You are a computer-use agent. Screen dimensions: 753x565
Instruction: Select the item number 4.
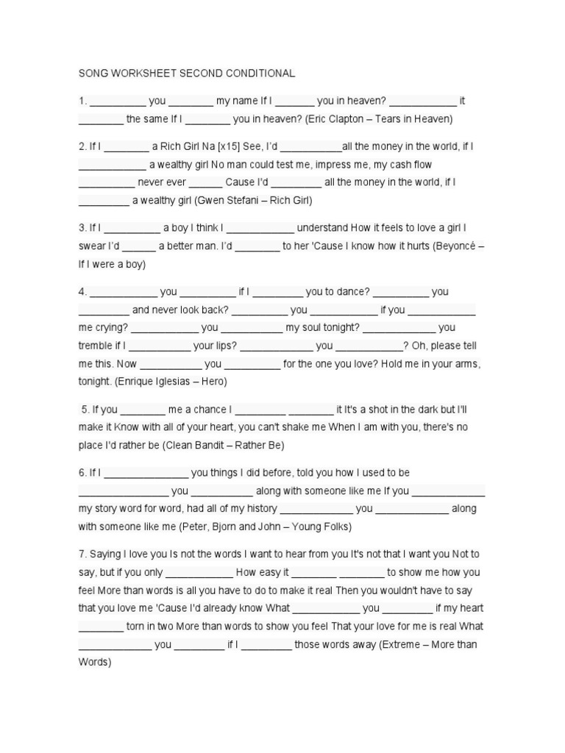click(82, 291)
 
